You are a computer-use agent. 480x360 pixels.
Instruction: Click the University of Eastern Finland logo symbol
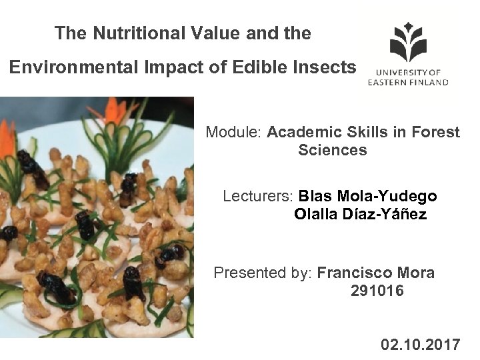coord(408,41)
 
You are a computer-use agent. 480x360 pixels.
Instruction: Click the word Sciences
coord(333,150)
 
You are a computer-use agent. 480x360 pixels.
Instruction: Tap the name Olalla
coord(315,215)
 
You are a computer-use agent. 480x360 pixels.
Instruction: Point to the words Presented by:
coord(263,273)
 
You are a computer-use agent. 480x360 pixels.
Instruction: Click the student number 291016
coord(377,291)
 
